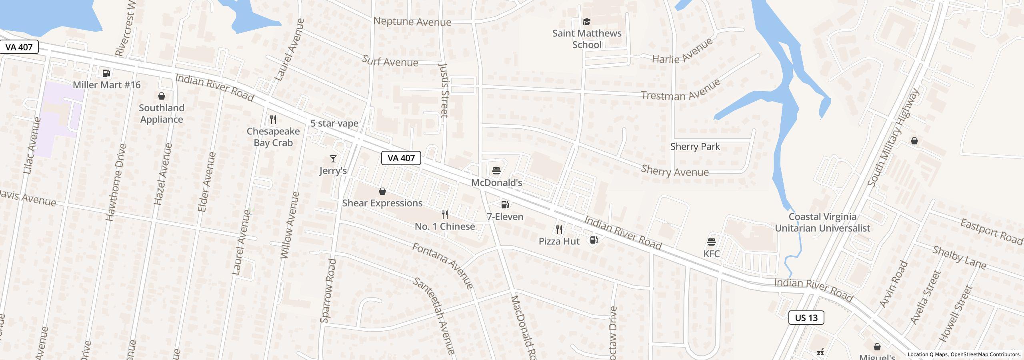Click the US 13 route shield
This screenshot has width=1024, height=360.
coord(806,318)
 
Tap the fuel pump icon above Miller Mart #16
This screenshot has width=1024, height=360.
coord(106,73)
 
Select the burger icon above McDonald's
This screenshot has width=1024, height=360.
coord(496,171)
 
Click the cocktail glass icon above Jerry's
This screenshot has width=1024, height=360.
coord(333,159)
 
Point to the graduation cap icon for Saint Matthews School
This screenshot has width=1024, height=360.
coord(586,22)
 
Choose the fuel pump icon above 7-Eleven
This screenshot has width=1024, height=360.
coord(505,205)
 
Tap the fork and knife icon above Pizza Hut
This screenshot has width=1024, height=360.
coord(559,230)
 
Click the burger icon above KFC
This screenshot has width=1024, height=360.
coord(711,242)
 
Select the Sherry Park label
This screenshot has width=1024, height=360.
coord(695,146)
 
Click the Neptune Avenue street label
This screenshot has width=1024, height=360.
coord(412,22)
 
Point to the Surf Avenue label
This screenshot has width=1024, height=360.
coord(390,61)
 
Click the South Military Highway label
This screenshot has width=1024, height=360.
coord(893,138)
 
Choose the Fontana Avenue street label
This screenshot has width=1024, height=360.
coord(443,265)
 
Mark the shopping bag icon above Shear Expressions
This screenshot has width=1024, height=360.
coord(382,191)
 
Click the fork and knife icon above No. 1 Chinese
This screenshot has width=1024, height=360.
coord(444,215)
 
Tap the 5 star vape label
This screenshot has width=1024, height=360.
coord(334,123)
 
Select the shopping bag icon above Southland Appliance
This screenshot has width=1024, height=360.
coord(162,96)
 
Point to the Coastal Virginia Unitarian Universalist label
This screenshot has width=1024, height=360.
coord(822,222)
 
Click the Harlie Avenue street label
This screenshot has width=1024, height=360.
coord(682,51)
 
